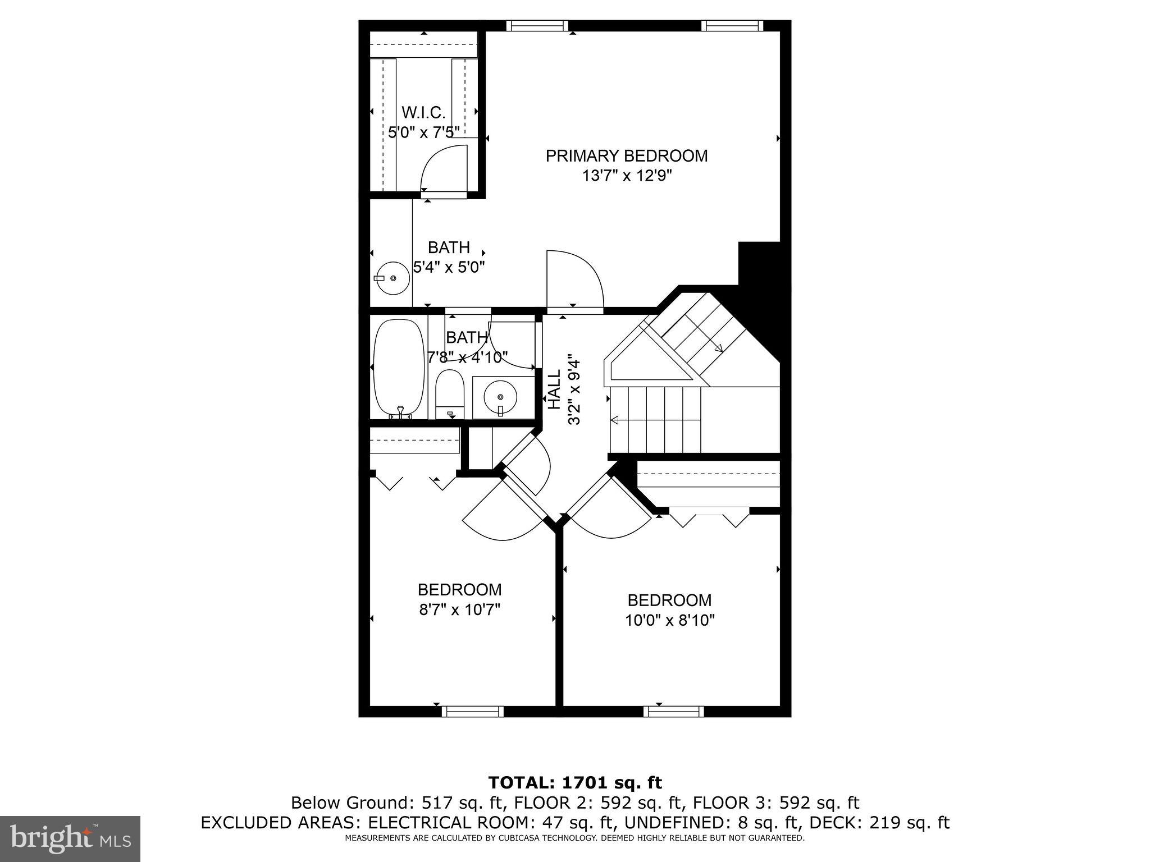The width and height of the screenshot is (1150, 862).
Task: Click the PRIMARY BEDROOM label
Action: (627, 156)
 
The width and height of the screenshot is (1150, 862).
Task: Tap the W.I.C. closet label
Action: (423, 113)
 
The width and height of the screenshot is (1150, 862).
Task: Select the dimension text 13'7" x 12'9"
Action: (627, 176)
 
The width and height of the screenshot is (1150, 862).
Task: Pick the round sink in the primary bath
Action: (393, 278)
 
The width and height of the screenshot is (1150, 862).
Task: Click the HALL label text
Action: (554, 389)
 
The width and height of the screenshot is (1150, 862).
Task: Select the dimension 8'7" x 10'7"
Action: (459, 609)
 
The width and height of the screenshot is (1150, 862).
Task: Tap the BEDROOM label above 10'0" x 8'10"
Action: (669, 600)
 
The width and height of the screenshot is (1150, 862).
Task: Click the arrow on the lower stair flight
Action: (615, 420)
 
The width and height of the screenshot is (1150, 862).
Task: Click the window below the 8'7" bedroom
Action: (472, 711)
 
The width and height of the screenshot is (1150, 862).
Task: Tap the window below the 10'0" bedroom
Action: (673, 711)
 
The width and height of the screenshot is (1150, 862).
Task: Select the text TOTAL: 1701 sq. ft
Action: (575, 783)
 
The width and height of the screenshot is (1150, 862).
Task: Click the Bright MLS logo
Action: (70, 838)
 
